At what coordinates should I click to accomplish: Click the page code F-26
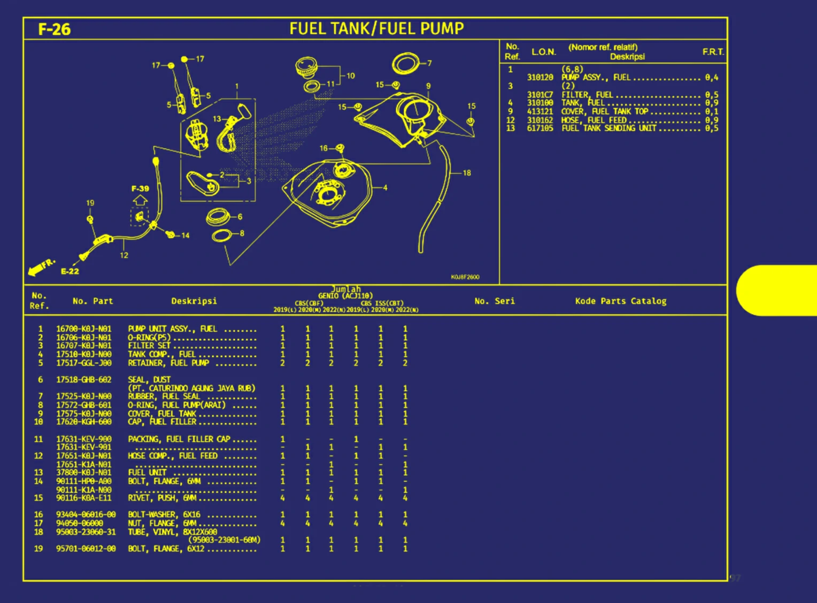click(54, 29)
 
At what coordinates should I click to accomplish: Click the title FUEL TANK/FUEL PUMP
click(376, 28)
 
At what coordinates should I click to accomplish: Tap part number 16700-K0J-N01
click(84, 329)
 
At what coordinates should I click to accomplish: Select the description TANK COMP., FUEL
click(161, 354)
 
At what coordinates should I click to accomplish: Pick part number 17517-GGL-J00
click(84, 363)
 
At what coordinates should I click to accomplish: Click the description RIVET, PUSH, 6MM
click(161, 498)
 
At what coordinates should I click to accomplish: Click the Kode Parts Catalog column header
click(620, 301)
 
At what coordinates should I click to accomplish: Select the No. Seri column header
click(494, 301)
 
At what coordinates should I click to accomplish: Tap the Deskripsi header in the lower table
click(194, 301)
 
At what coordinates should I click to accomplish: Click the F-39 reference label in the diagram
click(140, 189)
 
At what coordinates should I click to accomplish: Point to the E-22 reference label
click(70, 271)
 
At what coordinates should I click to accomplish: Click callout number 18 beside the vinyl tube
click(467, 173)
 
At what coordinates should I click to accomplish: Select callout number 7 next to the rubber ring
click(429, 63)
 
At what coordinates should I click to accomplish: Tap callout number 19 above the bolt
click(90, 203)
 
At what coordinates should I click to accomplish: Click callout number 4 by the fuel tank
click(385, 188)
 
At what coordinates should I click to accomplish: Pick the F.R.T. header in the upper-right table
click(713, 52)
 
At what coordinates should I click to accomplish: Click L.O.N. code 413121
click(540, 112)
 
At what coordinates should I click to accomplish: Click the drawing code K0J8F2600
click(465, 277)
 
